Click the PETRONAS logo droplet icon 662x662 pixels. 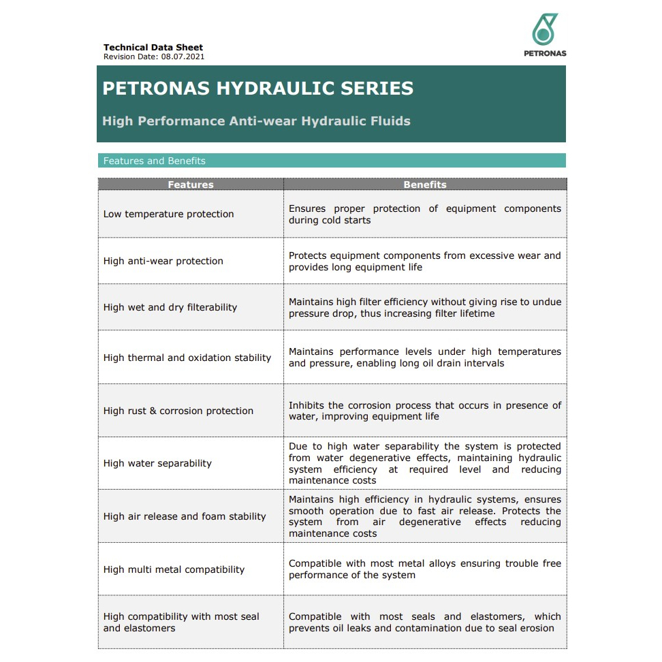[544, 30]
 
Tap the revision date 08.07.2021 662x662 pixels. [183, 57]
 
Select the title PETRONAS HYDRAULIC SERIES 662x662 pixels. [257, 89]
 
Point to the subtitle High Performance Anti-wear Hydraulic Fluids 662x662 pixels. [256, 121]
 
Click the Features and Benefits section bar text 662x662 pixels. [154, 161]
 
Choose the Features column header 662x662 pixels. [191, 185]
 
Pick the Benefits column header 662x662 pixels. [425, 185]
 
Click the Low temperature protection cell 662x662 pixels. [168, 214]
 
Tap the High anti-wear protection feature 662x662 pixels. [163, 261]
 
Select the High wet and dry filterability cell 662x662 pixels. [170, 307]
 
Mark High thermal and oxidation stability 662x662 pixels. [187, 358]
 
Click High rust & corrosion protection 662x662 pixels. [178, 411]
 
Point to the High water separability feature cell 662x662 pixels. [157, 463]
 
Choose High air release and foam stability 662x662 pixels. [185, 516]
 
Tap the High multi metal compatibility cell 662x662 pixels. [174, 569]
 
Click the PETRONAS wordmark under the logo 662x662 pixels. [545, 53]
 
